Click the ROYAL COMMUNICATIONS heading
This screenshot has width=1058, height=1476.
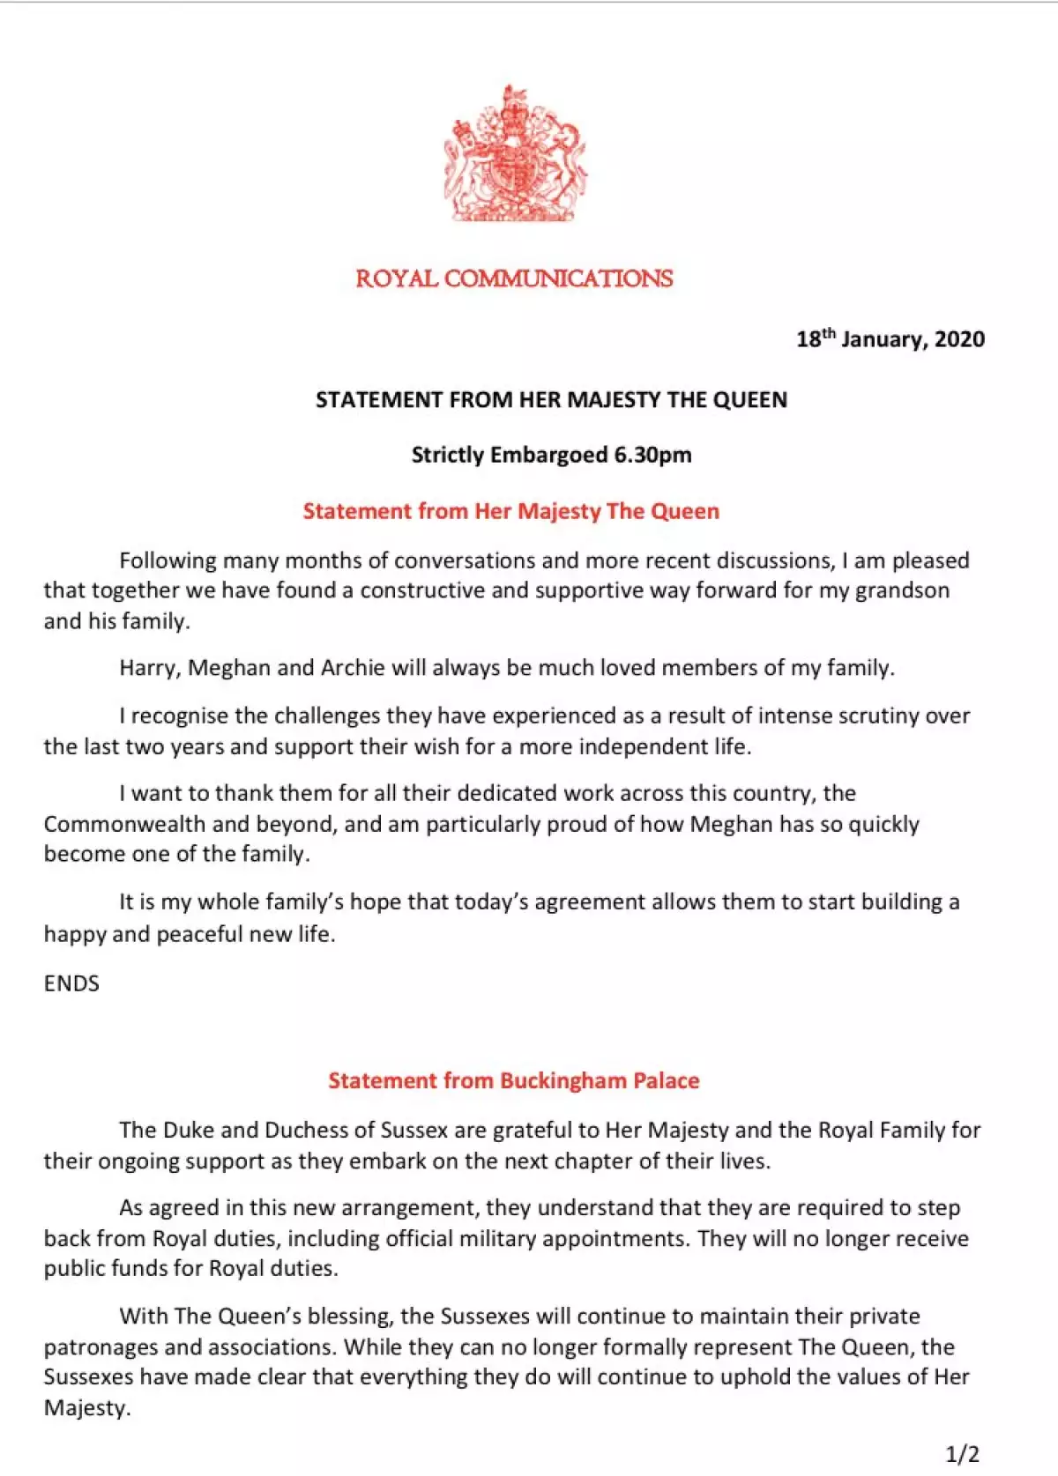[x=514, y=278]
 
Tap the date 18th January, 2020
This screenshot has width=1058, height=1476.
[x=890, y=339]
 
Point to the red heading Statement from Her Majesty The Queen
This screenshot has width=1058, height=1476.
[x=510, y=511]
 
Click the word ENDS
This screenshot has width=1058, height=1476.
[x=71, y=983]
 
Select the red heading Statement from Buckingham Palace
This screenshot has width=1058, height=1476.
[x=513, y=1081]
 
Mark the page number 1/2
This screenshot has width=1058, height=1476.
[x=962, y=1454]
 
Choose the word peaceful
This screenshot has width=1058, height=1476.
[x=199, y=934]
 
